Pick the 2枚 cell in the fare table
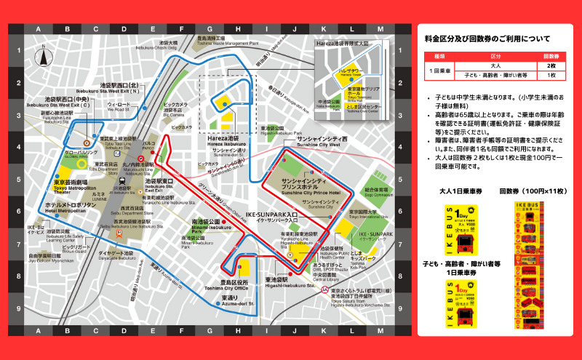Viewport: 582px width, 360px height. point(551,65)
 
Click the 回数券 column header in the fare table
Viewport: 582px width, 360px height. point(551,55)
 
